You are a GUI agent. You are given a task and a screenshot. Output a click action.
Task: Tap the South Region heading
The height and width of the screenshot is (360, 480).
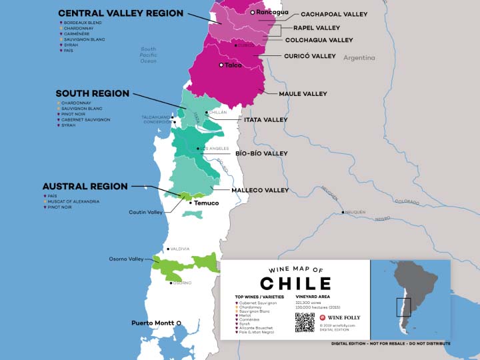tap(92, 93)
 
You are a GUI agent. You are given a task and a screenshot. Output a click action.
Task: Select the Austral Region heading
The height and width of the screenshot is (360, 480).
tap(85, 186)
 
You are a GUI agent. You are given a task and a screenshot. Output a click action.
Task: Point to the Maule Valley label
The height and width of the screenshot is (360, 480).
tap(303, 94)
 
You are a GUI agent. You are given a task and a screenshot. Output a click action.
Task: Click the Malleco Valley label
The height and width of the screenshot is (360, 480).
tap(260, 190)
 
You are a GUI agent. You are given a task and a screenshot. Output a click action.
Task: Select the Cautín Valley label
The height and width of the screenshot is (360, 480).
tap(145, 212)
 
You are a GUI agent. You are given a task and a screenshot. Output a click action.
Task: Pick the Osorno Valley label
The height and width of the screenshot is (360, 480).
tap(127, 259)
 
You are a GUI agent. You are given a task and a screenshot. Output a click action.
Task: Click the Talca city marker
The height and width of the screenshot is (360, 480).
tap(221, 65)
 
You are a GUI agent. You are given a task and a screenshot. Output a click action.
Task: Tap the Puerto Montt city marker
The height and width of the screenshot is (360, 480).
tap(179, 323)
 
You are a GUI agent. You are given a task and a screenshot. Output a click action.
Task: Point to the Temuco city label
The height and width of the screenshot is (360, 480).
tap(206, 203)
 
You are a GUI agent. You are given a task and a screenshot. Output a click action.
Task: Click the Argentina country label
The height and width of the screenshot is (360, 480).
tap(359, 58)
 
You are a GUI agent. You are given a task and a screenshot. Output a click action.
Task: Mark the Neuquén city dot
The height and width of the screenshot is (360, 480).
tap(343, 213)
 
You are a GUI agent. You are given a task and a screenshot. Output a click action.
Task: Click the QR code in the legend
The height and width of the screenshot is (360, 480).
tap(304, 321)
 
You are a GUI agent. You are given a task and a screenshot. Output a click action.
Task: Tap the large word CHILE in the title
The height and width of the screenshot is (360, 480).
tap(295, 283)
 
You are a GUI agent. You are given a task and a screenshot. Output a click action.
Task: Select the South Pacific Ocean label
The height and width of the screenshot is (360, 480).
tap(148, 55)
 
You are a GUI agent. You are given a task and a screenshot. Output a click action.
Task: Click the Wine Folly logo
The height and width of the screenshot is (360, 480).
tap(340, 318)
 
